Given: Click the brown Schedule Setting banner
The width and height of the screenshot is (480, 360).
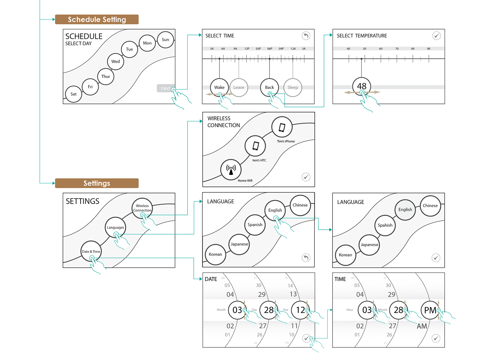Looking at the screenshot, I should tap(97, 20).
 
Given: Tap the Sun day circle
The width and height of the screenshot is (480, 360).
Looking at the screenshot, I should tap(166, 40).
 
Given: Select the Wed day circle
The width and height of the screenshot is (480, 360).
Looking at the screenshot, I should tap(116, 62).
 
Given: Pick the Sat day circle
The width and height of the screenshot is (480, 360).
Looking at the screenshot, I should tap(74, 94).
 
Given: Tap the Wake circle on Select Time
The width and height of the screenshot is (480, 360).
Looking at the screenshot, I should tap(219, 87).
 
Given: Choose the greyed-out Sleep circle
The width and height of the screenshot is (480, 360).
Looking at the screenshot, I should tap(293, 87).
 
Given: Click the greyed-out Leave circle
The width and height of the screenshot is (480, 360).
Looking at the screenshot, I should tap(239, 87).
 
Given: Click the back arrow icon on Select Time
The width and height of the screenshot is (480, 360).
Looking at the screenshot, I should tap(306, 36).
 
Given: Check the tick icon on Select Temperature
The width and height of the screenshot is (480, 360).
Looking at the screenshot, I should tap(436, 36).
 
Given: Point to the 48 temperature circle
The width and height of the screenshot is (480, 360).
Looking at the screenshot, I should tap(362, 86).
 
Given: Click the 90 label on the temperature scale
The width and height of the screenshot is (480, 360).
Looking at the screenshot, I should tap(429, 49).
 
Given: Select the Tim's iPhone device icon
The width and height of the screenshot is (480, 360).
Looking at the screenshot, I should tap(282, 127).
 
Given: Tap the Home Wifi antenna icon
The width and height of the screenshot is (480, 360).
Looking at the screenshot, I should tap(231, 169).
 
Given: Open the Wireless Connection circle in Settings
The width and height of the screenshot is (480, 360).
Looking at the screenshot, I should tap(142, 208).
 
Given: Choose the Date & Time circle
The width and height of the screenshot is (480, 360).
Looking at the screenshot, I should tap(91, 251).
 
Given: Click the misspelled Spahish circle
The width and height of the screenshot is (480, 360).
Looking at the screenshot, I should tap(385, 225).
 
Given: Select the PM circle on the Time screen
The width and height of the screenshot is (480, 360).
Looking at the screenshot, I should tap(430, 310).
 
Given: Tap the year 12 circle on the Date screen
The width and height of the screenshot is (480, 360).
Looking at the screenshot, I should tap(300, 310).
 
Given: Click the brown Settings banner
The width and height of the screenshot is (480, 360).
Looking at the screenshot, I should tap(97, 183).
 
